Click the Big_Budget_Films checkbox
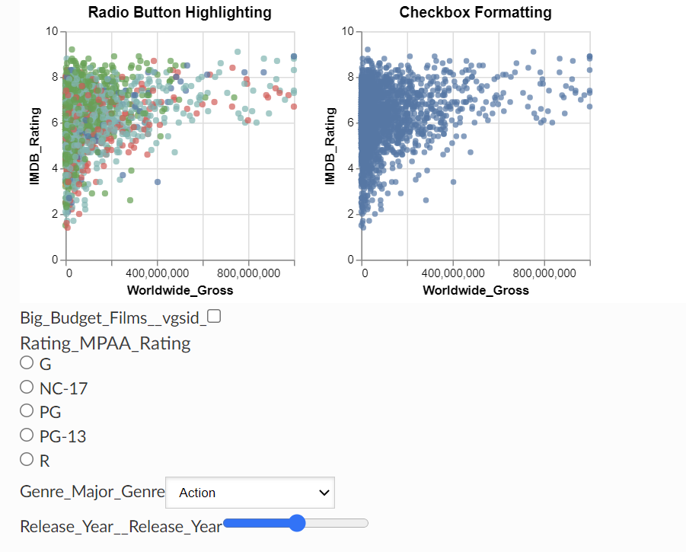(x=214, y=317)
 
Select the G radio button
(x=27, y=363)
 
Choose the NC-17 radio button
(x=27, y=388)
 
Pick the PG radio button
(x=27, y=411)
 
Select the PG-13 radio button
(x=27, y=436)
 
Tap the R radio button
(x=27, y=459)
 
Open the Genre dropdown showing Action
(x=250, y=493)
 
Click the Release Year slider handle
(x=297, y=523)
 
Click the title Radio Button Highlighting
(x=180, y=12)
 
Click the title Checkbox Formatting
(x=475, y=12)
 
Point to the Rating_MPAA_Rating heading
(x=105, y=343)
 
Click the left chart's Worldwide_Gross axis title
(x=180, y=290)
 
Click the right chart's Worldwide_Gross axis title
(x=475, y=290)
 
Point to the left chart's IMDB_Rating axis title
(x=34, y=145)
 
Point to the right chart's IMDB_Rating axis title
(x=330, y=145)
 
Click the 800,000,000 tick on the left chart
(x=248, y=273)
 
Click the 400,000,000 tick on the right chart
(x=453, y=273)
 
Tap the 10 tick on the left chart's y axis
(x=52, y=31)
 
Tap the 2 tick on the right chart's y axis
(x=349, y=214)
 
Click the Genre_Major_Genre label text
(x=92, y=492)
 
